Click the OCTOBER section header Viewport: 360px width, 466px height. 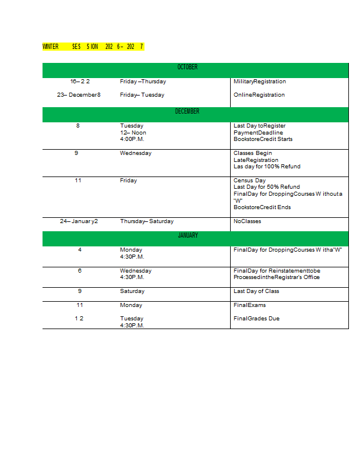(x=188, y=68)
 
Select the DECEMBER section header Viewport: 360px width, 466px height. (x=188, y=111)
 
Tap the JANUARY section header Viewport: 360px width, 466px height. (x=188, y=235)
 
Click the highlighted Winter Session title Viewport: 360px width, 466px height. (x=93, y=47)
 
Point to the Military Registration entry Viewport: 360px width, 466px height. (x=260, y=82)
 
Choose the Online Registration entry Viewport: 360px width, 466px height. (x=259, y=95)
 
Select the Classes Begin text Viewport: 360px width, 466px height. (x=253, y=153)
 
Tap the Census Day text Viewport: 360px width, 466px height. (x=249, y=181)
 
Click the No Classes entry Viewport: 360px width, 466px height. (x=248, y=221)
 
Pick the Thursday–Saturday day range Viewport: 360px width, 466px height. (x=147, y=221)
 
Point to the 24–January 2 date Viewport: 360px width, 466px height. (x=79, y=221)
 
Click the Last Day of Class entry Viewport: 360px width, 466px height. (x=256, y=291)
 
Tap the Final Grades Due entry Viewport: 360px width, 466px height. (x=256, y=319)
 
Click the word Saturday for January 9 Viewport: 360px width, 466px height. (x=132, y=291)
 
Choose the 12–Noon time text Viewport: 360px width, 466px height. (x=133, y=133)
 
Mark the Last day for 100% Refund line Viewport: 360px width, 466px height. (x=267, y=167)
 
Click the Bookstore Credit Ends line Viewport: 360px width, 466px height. (x=262, y=207)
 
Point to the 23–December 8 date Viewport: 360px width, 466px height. (x=79, y=95)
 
